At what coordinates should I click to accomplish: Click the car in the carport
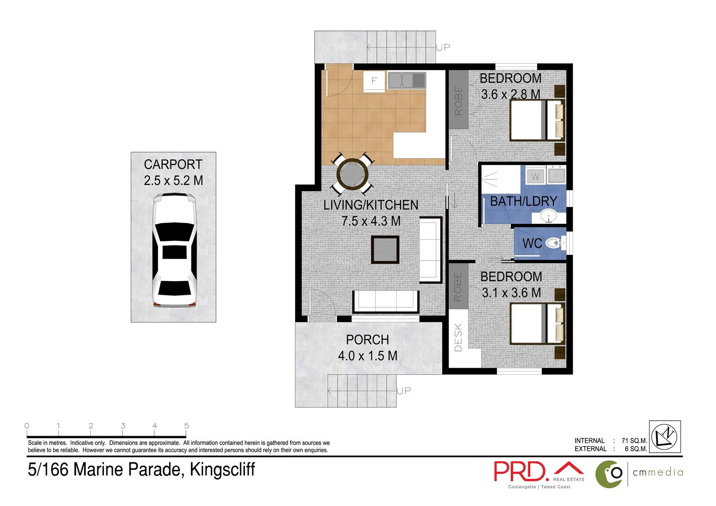(x=174, y=251)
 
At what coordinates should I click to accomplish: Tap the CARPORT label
(x=173, y=164)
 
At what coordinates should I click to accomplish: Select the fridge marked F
(x=374, y=81)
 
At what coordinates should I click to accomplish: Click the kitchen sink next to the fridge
(x=406, y=81)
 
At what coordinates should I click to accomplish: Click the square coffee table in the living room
(x=385, y=250)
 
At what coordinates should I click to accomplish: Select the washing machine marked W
(x=535, y=177)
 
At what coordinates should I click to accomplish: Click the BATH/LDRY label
(x=523, y=201)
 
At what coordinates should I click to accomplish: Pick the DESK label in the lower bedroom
(x=458, y=337)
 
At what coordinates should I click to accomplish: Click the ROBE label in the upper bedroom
(x=458, y=100)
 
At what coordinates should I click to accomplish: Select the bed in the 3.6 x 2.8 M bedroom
(x=537, y=120)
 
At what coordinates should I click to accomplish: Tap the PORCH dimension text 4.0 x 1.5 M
(x=368, y=356)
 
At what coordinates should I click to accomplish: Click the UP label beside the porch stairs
(x=404, y=391)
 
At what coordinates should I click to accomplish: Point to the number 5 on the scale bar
(x=186, y=426)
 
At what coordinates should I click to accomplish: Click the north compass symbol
(x=665, y=437)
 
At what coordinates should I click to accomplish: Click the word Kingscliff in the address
(x=222, y=469)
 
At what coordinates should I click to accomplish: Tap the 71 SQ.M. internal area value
(x=634, y=441)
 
